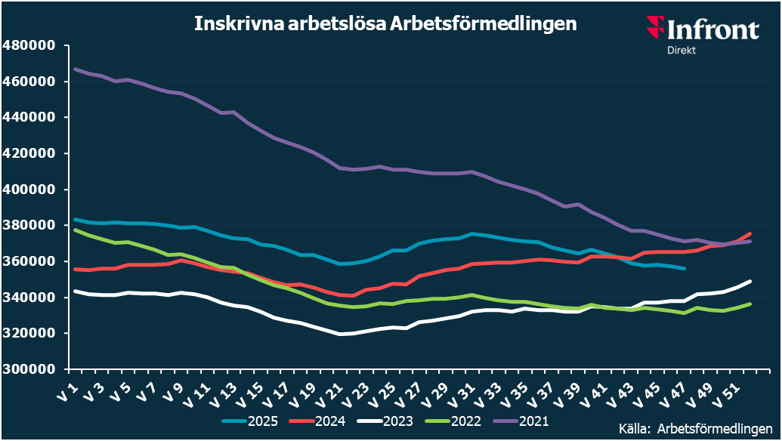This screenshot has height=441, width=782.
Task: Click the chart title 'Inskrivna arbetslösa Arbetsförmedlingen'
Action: [x=385, y=24]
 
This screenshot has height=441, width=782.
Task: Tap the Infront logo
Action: [x=702, y=29]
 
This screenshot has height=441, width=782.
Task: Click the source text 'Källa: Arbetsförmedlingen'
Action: [x=695, y=427]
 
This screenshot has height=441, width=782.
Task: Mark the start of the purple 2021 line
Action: [x=75, y=69]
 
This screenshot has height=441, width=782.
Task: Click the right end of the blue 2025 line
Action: [x=685, y=268]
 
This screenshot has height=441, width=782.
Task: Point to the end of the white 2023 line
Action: [x=750, y=282]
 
